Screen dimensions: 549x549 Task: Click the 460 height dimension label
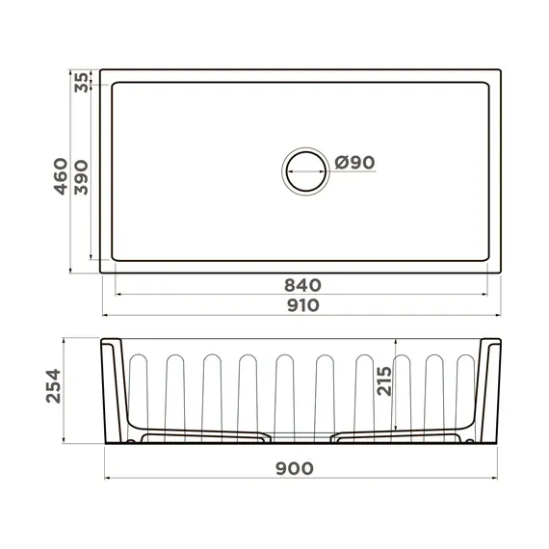[60, 176]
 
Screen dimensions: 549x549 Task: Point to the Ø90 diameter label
[353, 163]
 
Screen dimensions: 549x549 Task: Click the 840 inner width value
[301, 285]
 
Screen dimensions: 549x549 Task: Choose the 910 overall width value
[301, 305]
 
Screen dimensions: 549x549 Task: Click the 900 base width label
[294, 469]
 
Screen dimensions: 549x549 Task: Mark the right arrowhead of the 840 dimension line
[485, 295]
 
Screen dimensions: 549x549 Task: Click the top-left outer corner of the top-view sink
[101, 70]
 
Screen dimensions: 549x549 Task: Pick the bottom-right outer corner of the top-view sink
[501, 273]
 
